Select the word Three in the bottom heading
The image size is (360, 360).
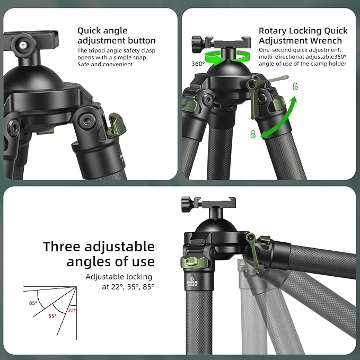tap(65, 247)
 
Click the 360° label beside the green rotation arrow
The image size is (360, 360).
tap(198, 64)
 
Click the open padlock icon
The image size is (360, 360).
tap(295, 87)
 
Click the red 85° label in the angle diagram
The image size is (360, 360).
tap(33, 304)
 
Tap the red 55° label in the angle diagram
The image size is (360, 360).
tap(52, 315)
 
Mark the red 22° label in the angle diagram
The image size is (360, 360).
tap(72, 310)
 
